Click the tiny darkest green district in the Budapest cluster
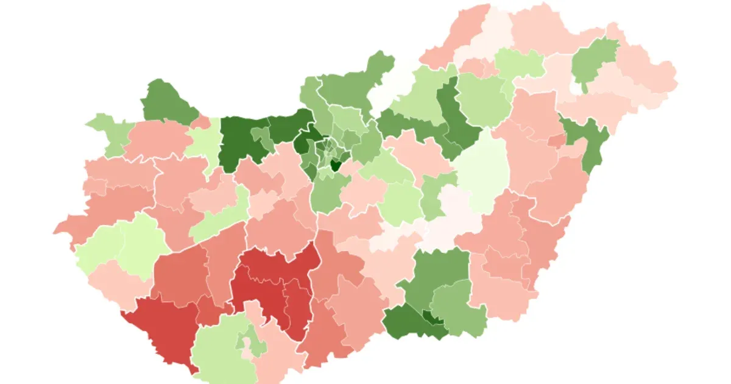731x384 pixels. click(x=334, y=165)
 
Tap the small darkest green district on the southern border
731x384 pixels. click(x=433, y=318)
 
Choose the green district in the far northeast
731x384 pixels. click(x=594, y=61)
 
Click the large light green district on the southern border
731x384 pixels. click(x=219, y=354)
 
